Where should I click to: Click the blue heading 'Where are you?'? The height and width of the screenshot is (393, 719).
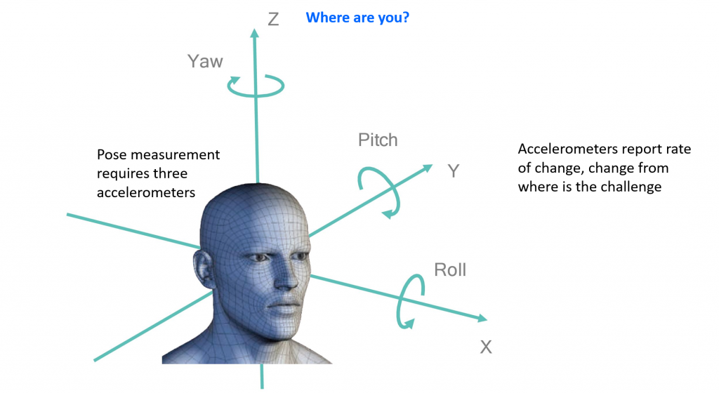click(357, 18)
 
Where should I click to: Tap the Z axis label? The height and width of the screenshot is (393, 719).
click(273, 19)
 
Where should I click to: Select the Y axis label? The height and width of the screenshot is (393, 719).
click(454, 171)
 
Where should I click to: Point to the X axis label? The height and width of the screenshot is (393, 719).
click(486, 347)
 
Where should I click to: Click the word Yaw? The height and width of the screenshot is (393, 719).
click(205, 61)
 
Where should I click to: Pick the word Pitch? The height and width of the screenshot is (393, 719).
click(378, 140)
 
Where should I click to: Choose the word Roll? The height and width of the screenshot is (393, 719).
click(450, 269)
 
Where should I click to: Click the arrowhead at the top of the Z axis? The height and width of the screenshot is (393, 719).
click(254, 32)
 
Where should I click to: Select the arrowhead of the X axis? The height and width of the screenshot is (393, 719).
click(482, 319)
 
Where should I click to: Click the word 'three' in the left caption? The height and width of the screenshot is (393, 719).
click(172, 173)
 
